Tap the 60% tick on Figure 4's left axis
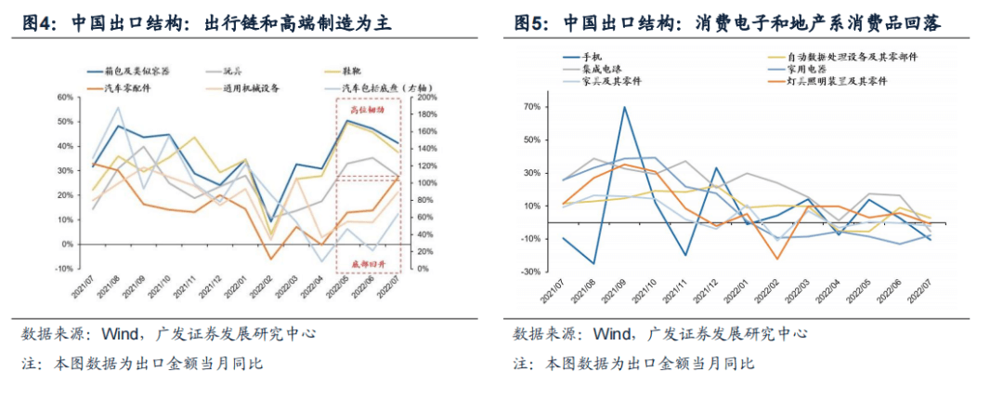point(65,98)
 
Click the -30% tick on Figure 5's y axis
point(528,272)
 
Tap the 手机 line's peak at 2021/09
point(623,107)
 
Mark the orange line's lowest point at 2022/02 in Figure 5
point(778,259)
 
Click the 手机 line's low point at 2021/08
point(593,263)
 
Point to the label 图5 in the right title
point(530,23)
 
